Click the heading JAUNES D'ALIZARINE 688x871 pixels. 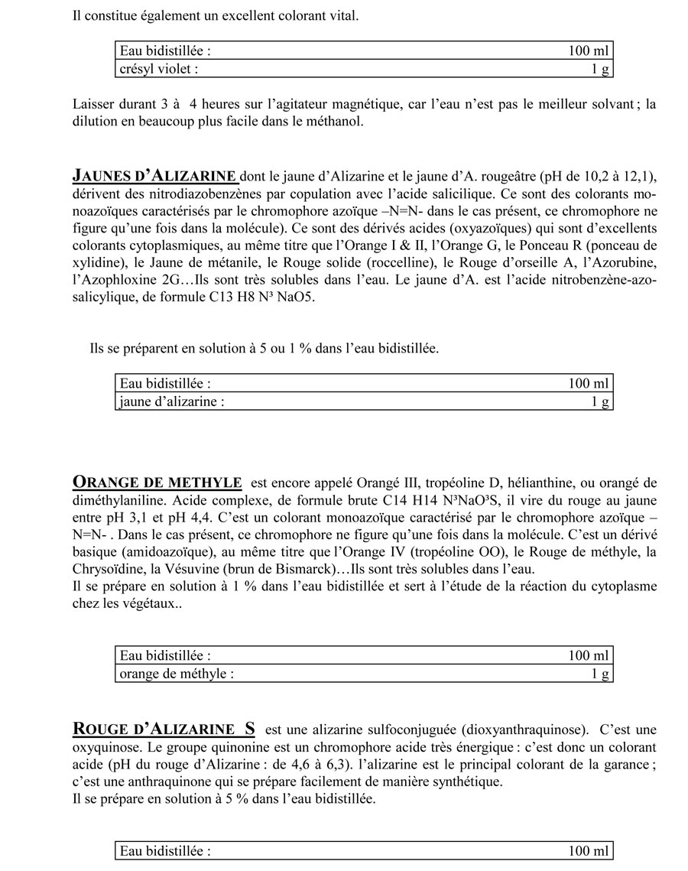pos(154,176)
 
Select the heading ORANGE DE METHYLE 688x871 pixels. pos(157,483)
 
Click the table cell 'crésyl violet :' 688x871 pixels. pos(159,70)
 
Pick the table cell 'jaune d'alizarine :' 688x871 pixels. pos(172,401)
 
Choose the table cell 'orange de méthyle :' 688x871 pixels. pos(177,674)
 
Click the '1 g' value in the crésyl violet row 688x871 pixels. pos(600,70)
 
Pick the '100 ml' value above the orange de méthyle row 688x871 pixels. pos(589,655)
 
